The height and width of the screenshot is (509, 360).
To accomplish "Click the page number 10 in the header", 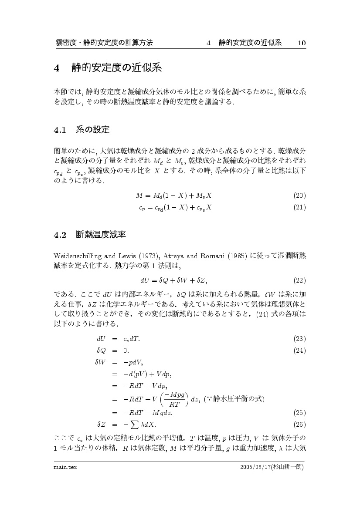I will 302,43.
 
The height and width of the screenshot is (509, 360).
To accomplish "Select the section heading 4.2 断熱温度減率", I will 90,235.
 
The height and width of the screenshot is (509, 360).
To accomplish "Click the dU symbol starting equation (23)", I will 101,339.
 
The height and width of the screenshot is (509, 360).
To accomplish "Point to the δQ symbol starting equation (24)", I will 101,351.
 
